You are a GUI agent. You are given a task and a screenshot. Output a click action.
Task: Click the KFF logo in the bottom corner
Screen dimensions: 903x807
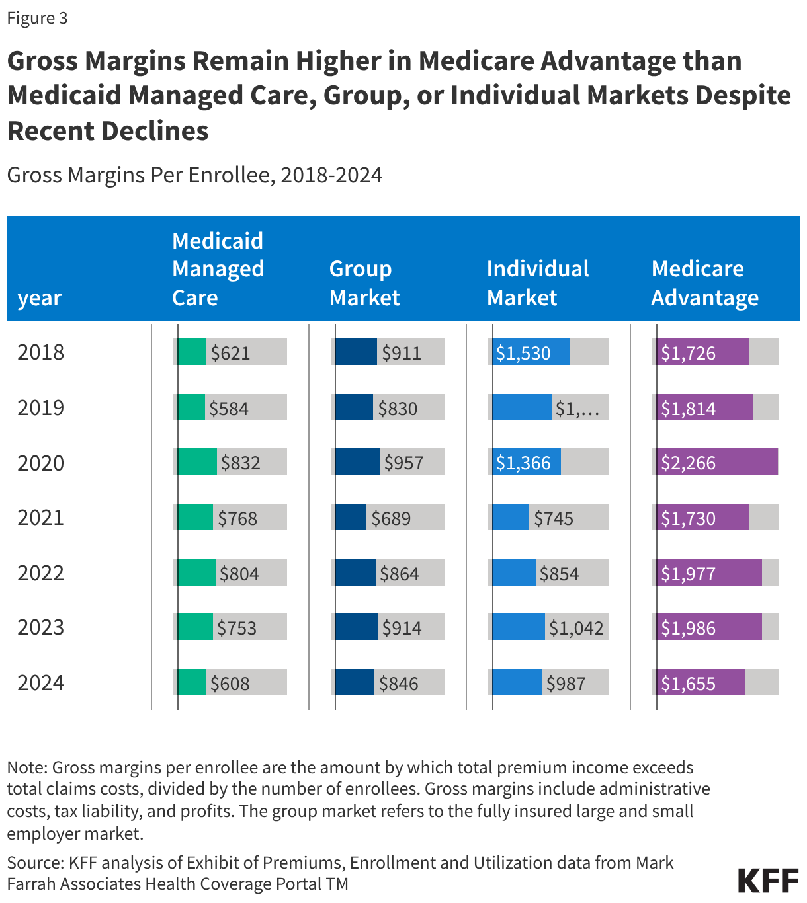(x=768, y=881)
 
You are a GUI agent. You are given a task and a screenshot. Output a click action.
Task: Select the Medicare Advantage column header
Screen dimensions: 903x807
(x=704, y=284)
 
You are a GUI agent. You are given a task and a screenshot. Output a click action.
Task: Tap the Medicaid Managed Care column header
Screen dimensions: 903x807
(x=218, y=269)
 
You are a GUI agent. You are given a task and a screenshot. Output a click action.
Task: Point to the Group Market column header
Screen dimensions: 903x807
(x=364, y=284)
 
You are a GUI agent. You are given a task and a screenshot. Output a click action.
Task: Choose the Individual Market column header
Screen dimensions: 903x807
(x=538, y=284)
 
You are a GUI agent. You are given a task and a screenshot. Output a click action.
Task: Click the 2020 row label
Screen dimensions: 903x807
(x=41, y=463)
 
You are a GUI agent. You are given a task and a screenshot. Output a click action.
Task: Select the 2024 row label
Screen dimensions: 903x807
(x=41, y=682)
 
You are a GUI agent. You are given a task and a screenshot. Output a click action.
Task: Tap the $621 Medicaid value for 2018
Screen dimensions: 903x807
(x=230, y=353)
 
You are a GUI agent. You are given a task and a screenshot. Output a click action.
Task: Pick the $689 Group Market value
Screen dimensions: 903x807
(x=391, y=518)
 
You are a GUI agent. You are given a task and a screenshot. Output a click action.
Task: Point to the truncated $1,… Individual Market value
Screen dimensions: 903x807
(x=577, y=409)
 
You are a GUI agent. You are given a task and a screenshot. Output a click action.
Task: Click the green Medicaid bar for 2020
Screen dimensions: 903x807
(x=196, y=461)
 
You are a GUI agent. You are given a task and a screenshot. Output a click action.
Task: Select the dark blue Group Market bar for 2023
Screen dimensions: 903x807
(x=356, y=627)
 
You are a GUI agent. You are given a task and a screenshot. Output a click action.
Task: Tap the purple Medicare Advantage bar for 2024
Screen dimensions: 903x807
(x=701, y=682)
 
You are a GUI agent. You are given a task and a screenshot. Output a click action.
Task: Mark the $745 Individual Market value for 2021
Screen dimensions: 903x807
(x=554, y=518)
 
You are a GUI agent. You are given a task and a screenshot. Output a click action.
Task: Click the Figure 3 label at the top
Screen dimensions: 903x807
(x=37, y=18)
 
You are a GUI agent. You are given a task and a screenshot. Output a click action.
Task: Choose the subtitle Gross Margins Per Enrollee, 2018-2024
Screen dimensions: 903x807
(x=194, y=175)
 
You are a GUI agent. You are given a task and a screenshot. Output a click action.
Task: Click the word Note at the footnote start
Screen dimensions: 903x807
(x=26, y=767)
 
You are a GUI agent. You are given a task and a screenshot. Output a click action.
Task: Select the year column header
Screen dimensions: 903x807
(x=40, y=298)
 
